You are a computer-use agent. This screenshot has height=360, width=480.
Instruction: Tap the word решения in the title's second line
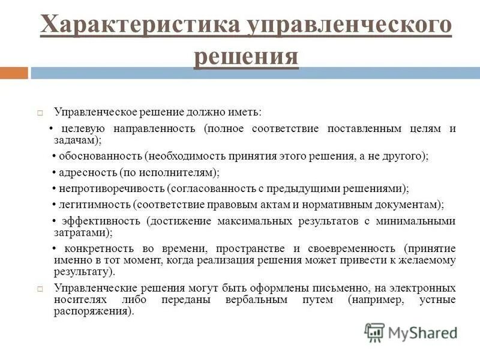[246, 56]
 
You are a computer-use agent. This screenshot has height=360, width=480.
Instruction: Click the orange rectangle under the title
[14, 73]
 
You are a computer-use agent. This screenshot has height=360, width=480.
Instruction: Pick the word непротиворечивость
[112, 188]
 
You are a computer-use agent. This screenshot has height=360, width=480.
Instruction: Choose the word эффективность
[101, 221]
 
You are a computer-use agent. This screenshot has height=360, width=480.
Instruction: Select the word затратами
[74, 232]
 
